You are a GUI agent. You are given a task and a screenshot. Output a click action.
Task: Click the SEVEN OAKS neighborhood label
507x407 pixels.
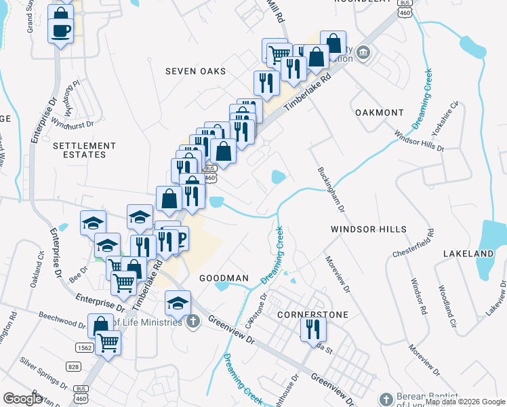click(x=196, y=71)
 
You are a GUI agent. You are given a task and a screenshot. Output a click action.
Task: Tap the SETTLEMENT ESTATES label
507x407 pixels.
click(x=84, y=150)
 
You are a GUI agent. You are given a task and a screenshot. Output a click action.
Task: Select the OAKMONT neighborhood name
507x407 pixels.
click(x=379, y=113)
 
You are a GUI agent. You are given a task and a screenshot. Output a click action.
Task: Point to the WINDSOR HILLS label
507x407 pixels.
click(x=368, y=230)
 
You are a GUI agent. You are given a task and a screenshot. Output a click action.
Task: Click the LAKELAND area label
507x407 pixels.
click(x=468, y=253)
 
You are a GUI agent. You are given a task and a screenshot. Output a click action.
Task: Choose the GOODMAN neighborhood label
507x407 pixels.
click(x=224, y=278)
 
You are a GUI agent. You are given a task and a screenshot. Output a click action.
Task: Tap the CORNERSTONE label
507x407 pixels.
click(x=313, y=315)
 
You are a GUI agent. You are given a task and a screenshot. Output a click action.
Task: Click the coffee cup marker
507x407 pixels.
click(x=60, y=30)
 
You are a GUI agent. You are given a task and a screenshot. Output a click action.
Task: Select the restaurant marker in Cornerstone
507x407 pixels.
click(x=313, y=329)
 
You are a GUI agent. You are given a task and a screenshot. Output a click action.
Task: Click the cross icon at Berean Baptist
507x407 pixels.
click(x=386, y=400)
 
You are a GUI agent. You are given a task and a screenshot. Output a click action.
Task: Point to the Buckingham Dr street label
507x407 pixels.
click(x=329, y=191)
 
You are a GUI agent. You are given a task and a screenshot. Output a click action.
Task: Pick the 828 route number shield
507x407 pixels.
click(x=74, y=367)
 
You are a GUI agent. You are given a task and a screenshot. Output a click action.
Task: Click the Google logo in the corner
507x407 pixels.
click(x=22, y=399)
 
